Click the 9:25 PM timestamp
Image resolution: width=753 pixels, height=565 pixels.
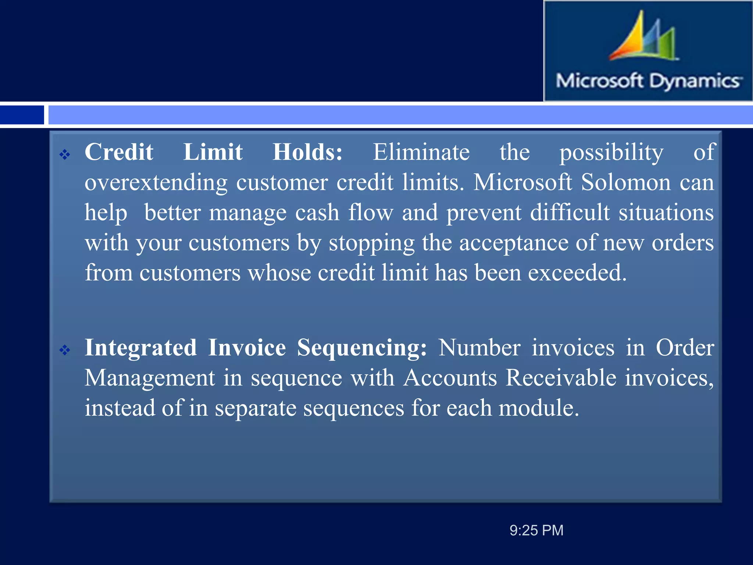(x=536, y=530)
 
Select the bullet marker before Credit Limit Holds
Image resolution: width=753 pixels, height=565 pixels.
(x=65, y=154)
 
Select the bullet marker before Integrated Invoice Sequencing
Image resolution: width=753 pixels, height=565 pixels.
(x=65, y=350)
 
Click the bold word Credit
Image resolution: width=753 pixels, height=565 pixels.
(x=119, y=152)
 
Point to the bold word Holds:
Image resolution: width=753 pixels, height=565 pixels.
(x=308, y=152)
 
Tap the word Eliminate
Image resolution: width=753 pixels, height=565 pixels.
(x=421, y=152)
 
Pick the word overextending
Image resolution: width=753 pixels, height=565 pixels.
(x=156, y=183)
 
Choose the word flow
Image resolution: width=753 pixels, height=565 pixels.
(x=371, y=212)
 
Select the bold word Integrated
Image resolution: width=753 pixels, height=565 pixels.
(x=141, y=348)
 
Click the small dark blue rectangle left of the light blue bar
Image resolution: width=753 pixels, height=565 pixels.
(x=22, y=115)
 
